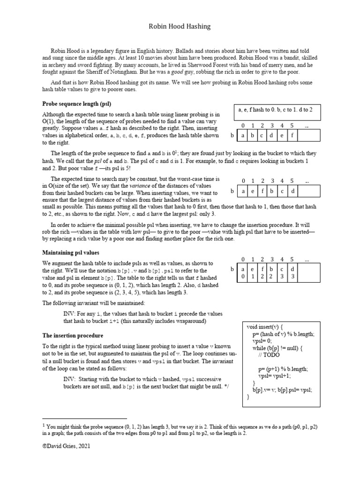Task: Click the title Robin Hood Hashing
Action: [180, 27]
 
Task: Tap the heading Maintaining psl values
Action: [70, 253]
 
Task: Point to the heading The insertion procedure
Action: [73, 336]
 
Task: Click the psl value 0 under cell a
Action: [242, 277]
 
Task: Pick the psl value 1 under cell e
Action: [253, 277]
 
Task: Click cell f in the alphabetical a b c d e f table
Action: [292, 136]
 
